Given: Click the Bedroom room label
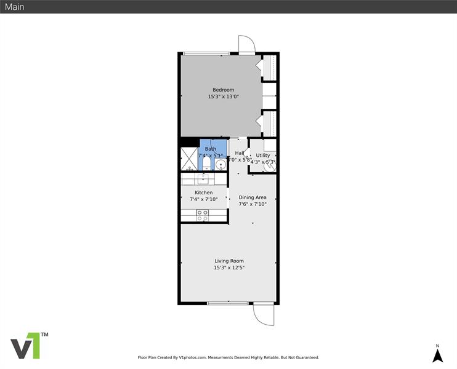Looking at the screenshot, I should [x=223, y=90].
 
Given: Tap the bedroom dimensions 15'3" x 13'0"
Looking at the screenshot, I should [x=223, y=97].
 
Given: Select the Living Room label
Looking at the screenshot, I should [x=228, y=261].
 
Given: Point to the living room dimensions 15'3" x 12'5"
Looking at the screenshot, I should [x=228, y=268].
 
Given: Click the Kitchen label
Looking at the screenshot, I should [x=203, y=192].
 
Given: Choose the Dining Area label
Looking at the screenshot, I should [x=253, y=197].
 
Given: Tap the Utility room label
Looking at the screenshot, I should [x=263, y=155].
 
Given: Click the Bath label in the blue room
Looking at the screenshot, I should [x=211, y=149].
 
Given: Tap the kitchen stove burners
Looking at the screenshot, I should [x=202, y=215].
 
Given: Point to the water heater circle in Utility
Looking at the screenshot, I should [x=269, y=165].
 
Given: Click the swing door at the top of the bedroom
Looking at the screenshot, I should [x=246, y=45].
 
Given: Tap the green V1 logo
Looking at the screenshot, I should [x=28, y=346].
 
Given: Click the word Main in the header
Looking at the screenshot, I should [x=15, y=7].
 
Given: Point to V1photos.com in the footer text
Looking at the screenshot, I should [x=192, y=357].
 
